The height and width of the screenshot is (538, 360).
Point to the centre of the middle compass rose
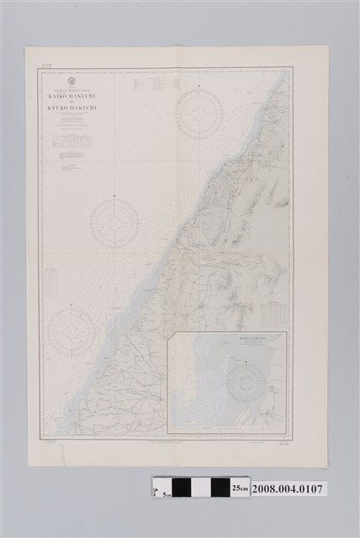115,221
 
